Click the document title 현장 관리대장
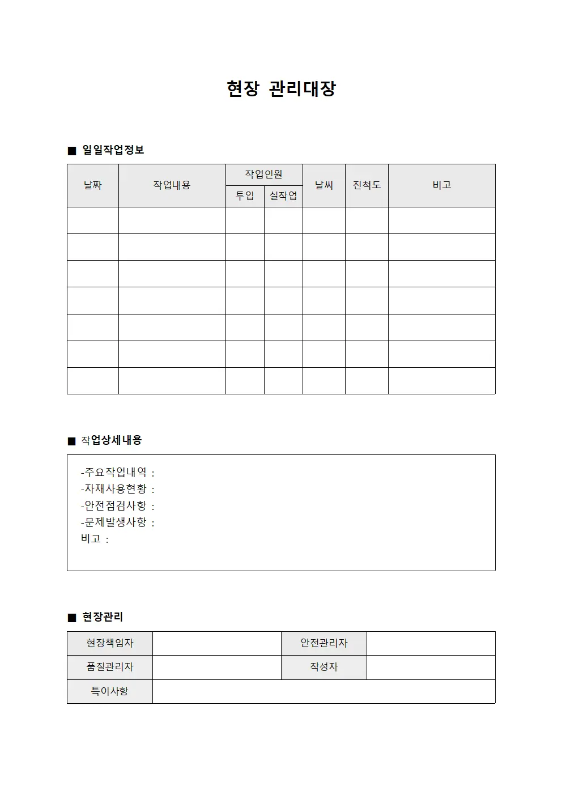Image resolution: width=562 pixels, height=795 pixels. [x=281, y=89]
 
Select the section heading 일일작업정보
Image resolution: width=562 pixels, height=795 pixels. [x=113, y=150]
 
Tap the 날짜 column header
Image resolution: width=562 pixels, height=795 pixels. [x=93, y=185]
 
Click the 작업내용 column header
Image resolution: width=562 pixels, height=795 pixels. [x=172, y=185]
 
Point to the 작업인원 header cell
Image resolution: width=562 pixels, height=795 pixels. [x=263, y=175]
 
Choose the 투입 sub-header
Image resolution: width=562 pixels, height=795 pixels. [x=245, y=196]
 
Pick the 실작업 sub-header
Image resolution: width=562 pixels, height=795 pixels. [x=283, y=196]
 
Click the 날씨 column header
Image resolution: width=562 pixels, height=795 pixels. [x=324, y=185]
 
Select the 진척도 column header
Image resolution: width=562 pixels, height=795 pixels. [x=367, y=185]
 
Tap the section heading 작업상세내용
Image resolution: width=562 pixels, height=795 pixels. [x=111, y=440]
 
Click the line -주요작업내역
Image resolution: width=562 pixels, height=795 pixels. [x=117, y=473]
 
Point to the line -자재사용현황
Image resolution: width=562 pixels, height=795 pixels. [x=117, y=489]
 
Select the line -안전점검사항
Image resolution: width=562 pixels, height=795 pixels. [x=117, y=505]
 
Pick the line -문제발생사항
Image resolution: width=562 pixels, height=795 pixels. [x=117, y=522]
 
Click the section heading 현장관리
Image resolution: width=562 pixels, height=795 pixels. [x=103, y=617]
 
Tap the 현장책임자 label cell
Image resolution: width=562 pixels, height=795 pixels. [x=110, y=643]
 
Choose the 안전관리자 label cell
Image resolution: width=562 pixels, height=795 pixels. [x=324, y=643]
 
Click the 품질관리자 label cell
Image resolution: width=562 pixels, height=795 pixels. [x=110, y=667]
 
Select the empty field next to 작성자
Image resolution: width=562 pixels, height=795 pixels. [x=431, y=667]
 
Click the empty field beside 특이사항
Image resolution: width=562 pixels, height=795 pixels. [x=323, y=691]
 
